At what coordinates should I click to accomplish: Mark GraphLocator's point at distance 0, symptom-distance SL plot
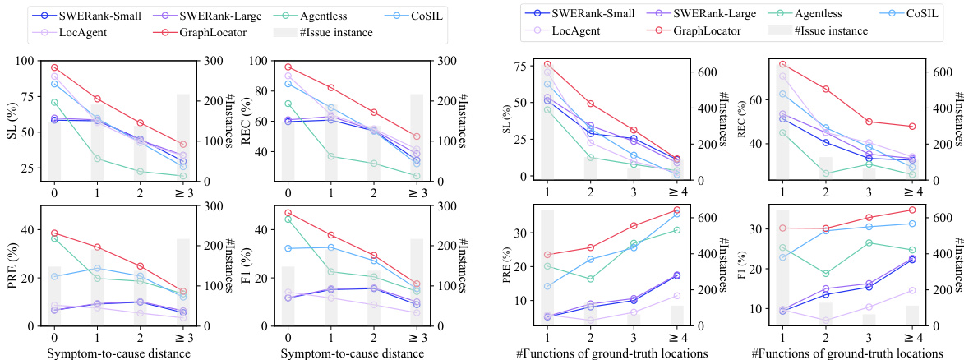(x=54, y=67)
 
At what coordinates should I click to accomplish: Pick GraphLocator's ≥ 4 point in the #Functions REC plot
(x=912, y=127)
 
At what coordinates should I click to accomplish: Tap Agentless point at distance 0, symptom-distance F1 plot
(x=288, y=219)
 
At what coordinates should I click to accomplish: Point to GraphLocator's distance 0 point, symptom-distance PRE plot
(x=54, y=233)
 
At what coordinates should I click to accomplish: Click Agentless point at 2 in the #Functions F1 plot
(x=825, y=274)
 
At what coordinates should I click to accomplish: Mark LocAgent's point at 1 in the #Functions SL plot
(x=547, y=72)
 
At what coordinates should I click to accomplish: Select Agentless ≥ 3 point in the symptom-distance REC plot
(x=417, y=176)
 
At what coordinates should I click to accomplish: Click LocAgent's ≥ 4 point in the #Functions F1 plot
(x=912, y=290)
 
